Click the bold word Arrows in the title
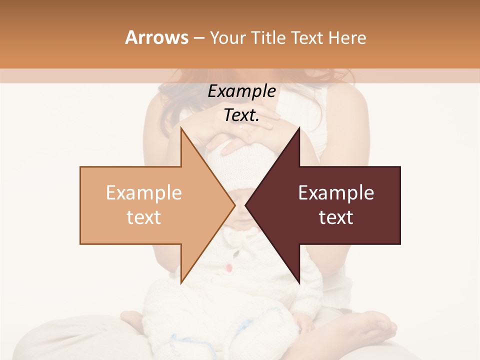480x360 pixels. click(156, 37)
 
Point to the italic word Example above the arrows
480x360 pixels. click(241, 91)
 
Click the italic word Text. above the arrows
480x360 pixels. click(241, 115)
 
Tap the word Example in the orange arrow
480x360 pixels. click(144, 193)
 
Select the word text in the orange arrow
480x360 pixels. click(144, 217)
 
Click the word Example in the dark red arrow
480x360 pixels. click(336, 193)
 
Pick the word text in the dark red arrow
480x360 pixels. click(336, 217)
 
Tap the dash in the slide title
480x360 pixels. click(198, 38)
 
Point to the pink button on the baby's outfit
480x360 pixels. click(228, 268)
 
